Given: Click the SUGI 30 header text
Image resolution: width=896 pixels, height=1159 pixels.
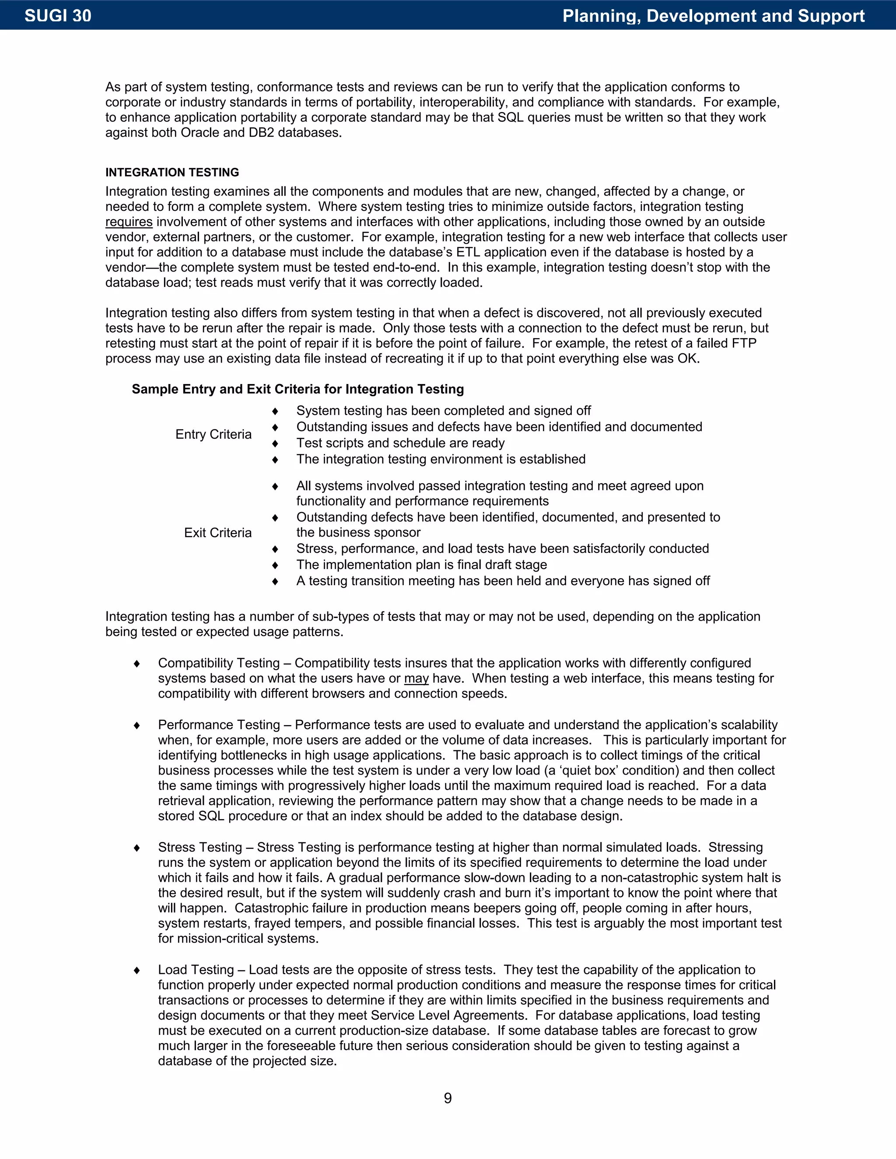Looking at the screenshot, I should click(58, 16).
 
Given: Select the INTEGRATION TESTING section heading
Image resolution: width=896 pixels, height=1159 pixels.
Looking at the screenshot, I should click(172, 172).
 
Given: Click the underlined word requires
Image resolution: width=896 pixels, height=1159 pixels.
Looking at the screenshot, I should click(129, 222).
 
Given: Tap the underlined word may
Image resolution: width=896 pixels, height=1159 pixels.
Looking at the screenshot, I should click(416, 678).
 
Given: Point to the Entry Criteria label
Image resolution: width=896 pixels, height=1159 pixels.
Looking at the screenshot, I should click(213, 435).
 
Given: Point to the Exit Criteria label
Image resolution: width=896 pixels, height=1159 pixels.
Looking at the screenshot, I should click(217, 533).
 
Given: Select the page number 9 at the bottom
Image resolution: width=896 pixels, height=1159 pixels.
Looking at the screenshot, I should click(448, 1098).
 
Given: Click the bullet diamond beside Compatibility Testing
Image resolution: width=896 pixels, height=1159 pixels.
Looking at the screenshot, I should click(137, 663).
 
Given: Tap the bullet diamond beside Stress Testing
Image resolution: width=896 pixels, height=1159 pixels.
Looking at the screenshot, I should click(137, 848).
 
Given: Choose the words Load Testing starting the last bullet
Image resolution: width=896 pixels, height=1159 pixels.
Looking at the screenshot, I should click(196, 970).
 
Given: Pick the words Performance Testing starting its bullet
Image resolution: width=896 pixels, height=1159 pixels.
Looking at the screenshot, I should click(219, 725).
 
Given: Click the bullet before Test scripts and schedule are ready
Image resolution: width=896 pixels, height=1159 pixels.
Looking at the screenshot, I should click(275, 443).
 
